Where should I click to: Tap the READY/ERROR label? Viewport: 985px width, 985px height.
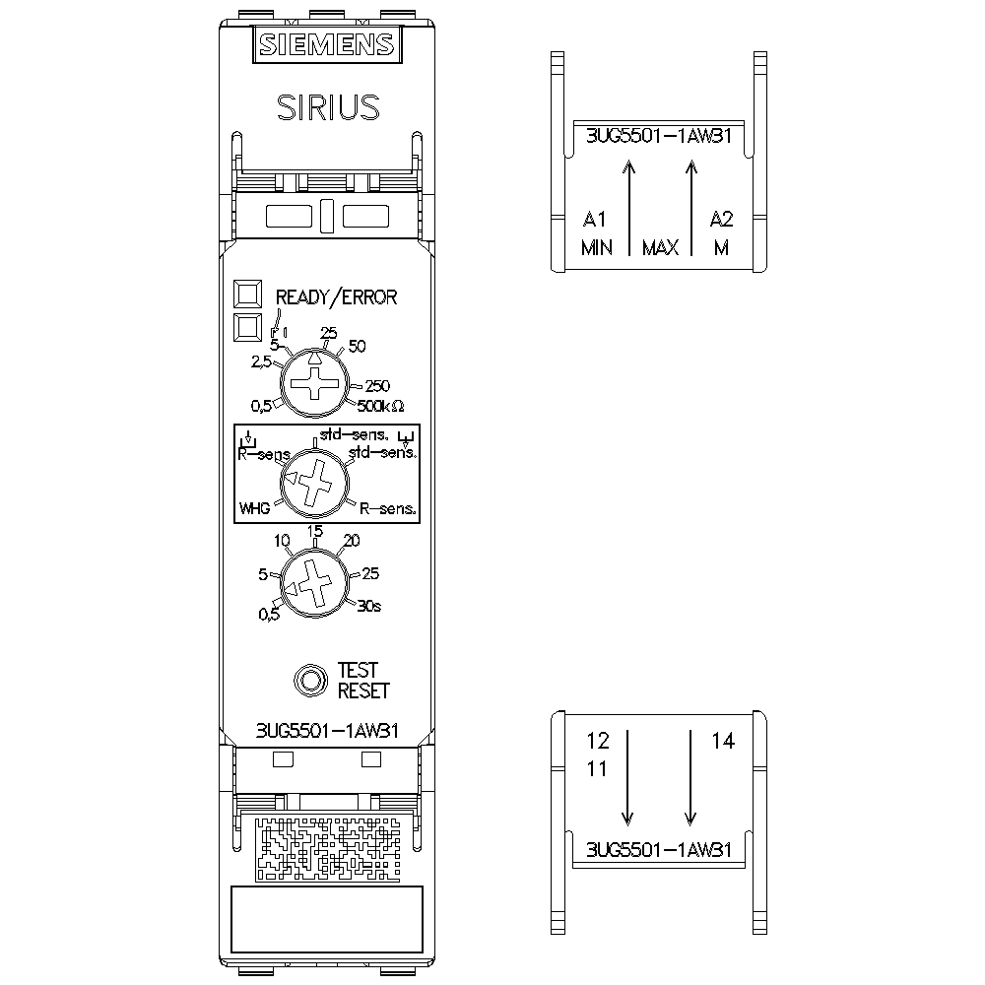point(336,297)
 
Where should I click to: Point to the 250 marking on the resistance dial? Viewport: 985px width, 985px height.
point(377,385)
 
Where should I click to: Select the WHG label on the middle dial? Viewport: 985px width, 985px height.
point(254,509)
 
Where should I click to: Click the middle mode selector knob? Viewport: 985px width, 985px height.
point(316,483)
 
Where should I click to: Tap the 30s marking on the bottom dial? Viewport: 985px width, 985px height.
point(369,605)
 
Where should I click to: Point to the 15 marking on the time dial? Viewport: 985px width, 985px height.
point(315,532)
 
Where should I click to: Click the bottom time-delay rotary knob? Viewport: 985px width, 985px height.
point(316,585)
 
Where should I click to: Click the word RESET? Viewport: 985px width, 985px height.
point(363,691)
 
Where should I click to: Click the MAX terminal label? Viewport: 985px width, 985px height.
point(660,248)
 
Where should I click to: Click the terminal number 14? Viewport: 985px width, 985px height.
point(723,742)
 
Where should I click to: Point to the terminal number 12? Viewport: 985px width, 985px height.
point(598,740)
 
